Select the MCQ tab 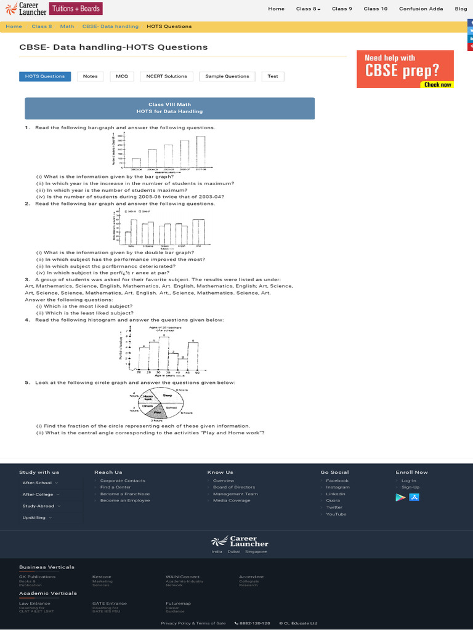click(x=121, y=76)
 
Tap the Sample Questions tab click(x=227, y=76)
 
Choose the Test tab click(x=273, y=76)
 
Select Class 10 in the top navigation click(x=376, y=9)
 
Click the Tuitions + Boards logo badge click(x=76, y=9)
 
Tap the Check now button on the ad click(x=437, y=84)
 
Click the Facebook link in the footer click(x=337, y=480)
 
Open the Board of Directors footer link click(x=233, y=487)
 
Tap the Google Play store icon click(x=400, y=497)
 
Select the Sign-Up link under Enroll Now click(x=410, y=487)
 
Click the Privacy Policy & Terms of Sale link click(x=193, y=623)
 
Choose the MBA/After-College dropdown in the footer click(x=41, y=494)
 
